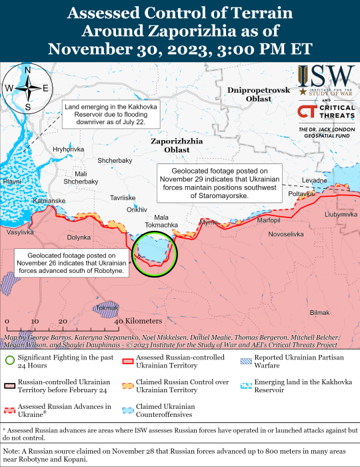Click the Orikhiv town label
pyautogui.click(x=137, y=209)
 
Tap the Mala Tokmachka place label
pyautogui.click(x=161, y=221)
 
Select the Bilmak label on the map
pyautogui.click(x=319, y=313)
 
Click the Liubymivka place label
pyautogui.click(x=341, y=214)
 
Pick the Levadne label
pyautogui.click(x=314, y=181)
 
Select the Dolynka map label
pyautogui.click(x=78, y=237)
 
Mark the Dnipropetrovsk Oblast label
pyautogui.click(x=258, y=94)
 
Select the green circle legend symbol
pyautogui.click(x=10, y=362)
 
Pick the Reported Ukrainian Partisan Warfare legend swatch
pyautogui.click(x=244, y=362)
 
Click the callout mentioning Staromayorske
pyautogui.click(x=220, y=183)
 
